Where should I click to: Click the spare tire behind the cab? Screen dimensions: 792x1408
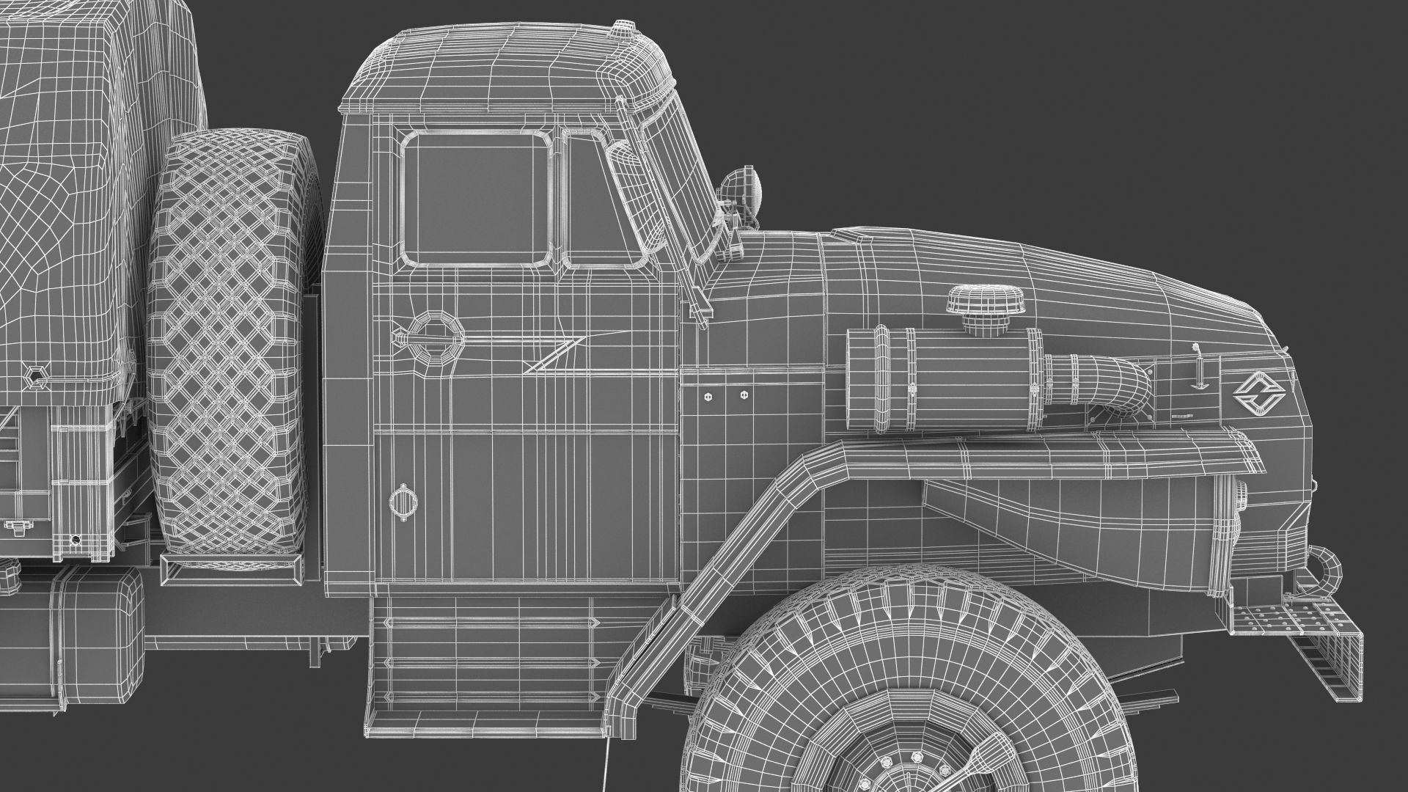[x=227, y=345]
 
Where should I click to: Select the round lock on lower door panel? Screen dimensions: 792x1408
[x=401, y=502]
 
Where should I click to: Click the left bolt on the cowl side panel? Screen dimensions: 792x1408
[x=707, y=396]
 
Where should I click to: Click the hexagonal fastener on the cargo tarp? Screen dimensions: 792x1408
[x=35, y=378]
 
